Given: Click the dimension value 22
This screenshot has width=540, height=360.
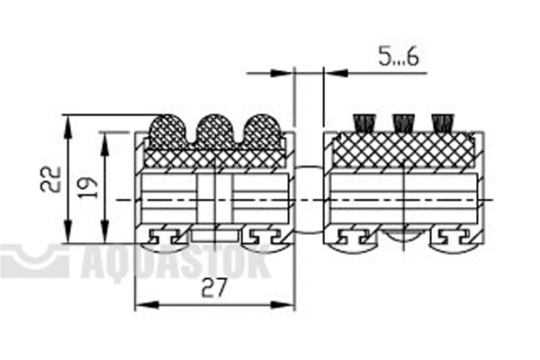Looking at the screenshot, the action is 50,179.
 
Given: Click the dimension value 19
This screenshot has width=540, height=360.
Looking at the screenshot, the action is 88,187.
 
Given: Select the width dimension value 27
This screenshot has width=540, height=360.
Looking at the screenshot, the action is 214,288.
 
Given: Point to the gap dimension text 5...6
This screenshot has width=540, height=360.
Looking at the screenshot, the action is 399,57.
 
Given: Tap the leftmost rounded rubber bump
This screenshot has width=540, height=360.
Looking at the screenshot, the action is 166,131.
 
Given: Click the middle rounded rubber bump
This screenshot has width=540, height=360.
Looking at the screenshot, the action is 214,131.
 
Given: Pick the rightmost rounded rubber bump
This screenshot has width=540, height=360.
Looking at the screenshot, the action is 263,131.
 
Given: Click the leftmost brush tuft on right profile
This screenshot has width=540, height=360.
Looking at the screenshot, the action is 364,123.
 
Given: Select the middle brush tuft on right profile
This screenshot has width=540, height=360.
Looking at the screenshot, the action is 403,123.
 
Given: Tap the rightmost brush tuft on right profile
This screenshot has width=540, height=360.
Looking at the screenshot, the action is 442,123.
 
